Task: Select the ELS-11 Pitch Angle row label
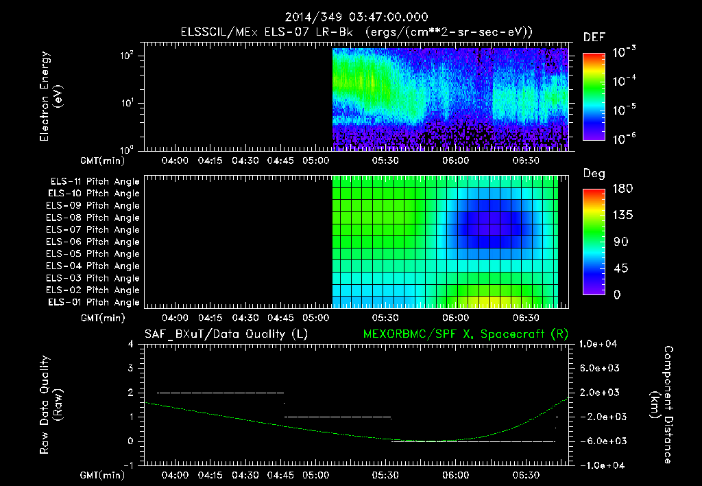click(94, 182)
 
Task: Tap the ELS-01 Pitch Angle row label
click(94, 302)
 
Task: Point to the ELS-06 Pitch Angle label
click(94, 242)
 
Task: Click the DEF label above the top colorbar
click(593, 37)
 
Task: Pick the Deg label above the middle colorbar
click(593, 174)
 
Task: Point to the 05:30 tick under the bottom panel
click(386, 474)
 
